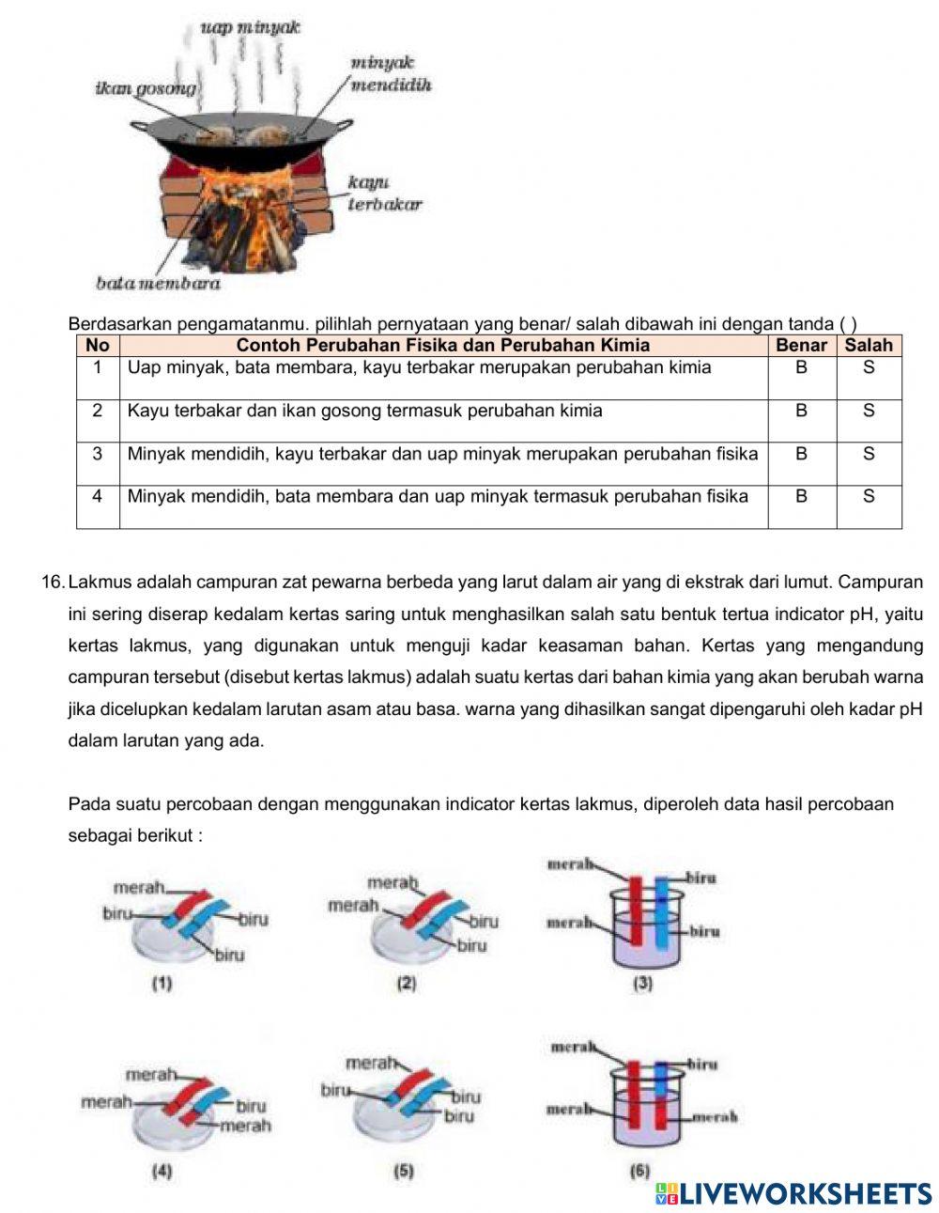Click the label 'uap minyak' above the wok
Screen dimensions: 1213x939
250,27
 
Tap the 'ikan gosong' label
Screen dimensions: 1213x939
146,88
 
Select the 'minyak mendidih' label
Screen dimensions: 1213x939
390,74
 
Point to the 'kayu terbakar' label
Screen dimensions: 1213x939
384,194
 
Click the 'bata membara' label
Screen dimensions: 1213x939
158,283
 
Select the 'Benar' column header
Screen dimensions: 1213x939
801,345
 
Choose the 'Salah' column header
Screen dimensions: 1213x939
869,345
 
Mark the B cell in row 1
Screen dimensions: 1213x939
801,368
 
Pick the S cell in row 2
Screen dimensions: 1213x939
869,411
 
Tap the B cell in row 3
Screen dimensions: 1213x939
801,454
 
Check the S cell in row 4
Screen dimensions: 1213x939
869,496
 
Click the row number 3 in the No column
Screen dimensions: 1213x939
97,454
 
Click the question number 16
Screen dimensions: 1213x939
53,583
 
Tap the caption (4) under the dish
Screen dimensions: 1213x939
162,1172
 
